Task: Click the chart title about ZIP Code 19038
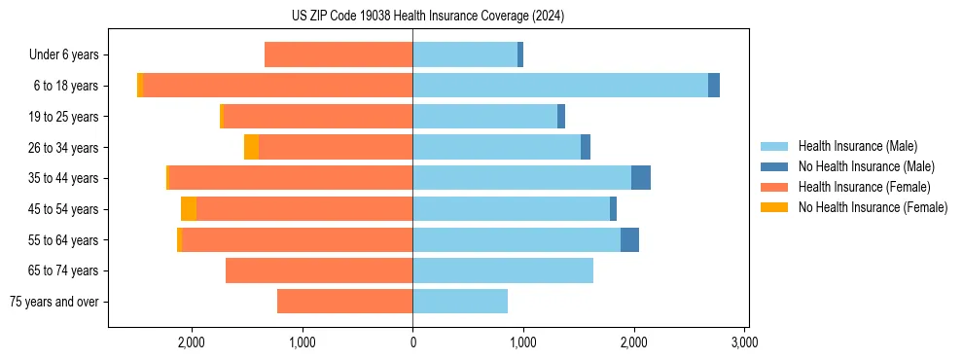(428, 17)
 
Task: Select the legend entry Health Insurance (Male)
(856, 146)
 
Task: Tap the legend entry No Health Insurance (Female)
(873, 207)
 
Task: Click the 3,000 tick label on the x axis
(744, 342)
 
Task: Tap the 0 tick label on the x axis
(412, 342)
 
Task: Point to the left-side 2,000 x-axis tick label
(192, 342)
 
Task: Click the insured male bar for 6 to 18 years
(559, 86)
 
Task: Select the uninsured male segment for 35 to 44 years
(641, 178)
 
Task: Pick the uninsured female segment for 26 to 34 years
(251, 147)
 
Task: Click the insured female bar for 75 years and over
(344, 302)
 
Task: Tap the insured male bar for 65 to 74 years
(503, 270)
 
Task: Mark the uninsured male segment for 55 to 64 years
(629, 239)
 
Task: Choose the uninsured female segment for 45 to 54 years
(189, 209)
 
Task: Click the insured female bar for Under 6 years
(339, 55)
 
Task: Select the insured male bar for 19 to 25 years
(484, 117)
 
